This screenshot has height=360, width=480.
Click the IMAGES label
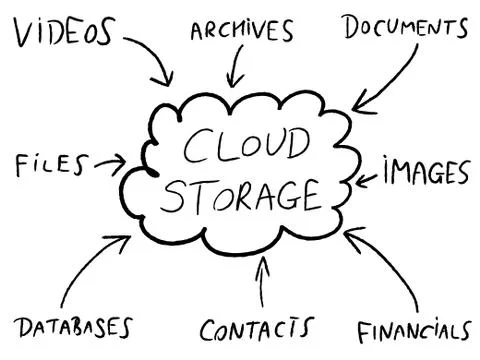pyautogui.click(x=424, y=172)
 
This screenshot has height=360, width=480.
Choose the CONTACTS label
pyautogui.click(x=255, y=328)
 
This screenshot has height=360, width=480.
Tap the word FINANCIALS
pyautogui.click(x=413, y=330)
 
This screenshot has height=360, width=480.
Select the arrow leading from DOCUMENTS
pyautogui.click(x=385, y=80)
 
